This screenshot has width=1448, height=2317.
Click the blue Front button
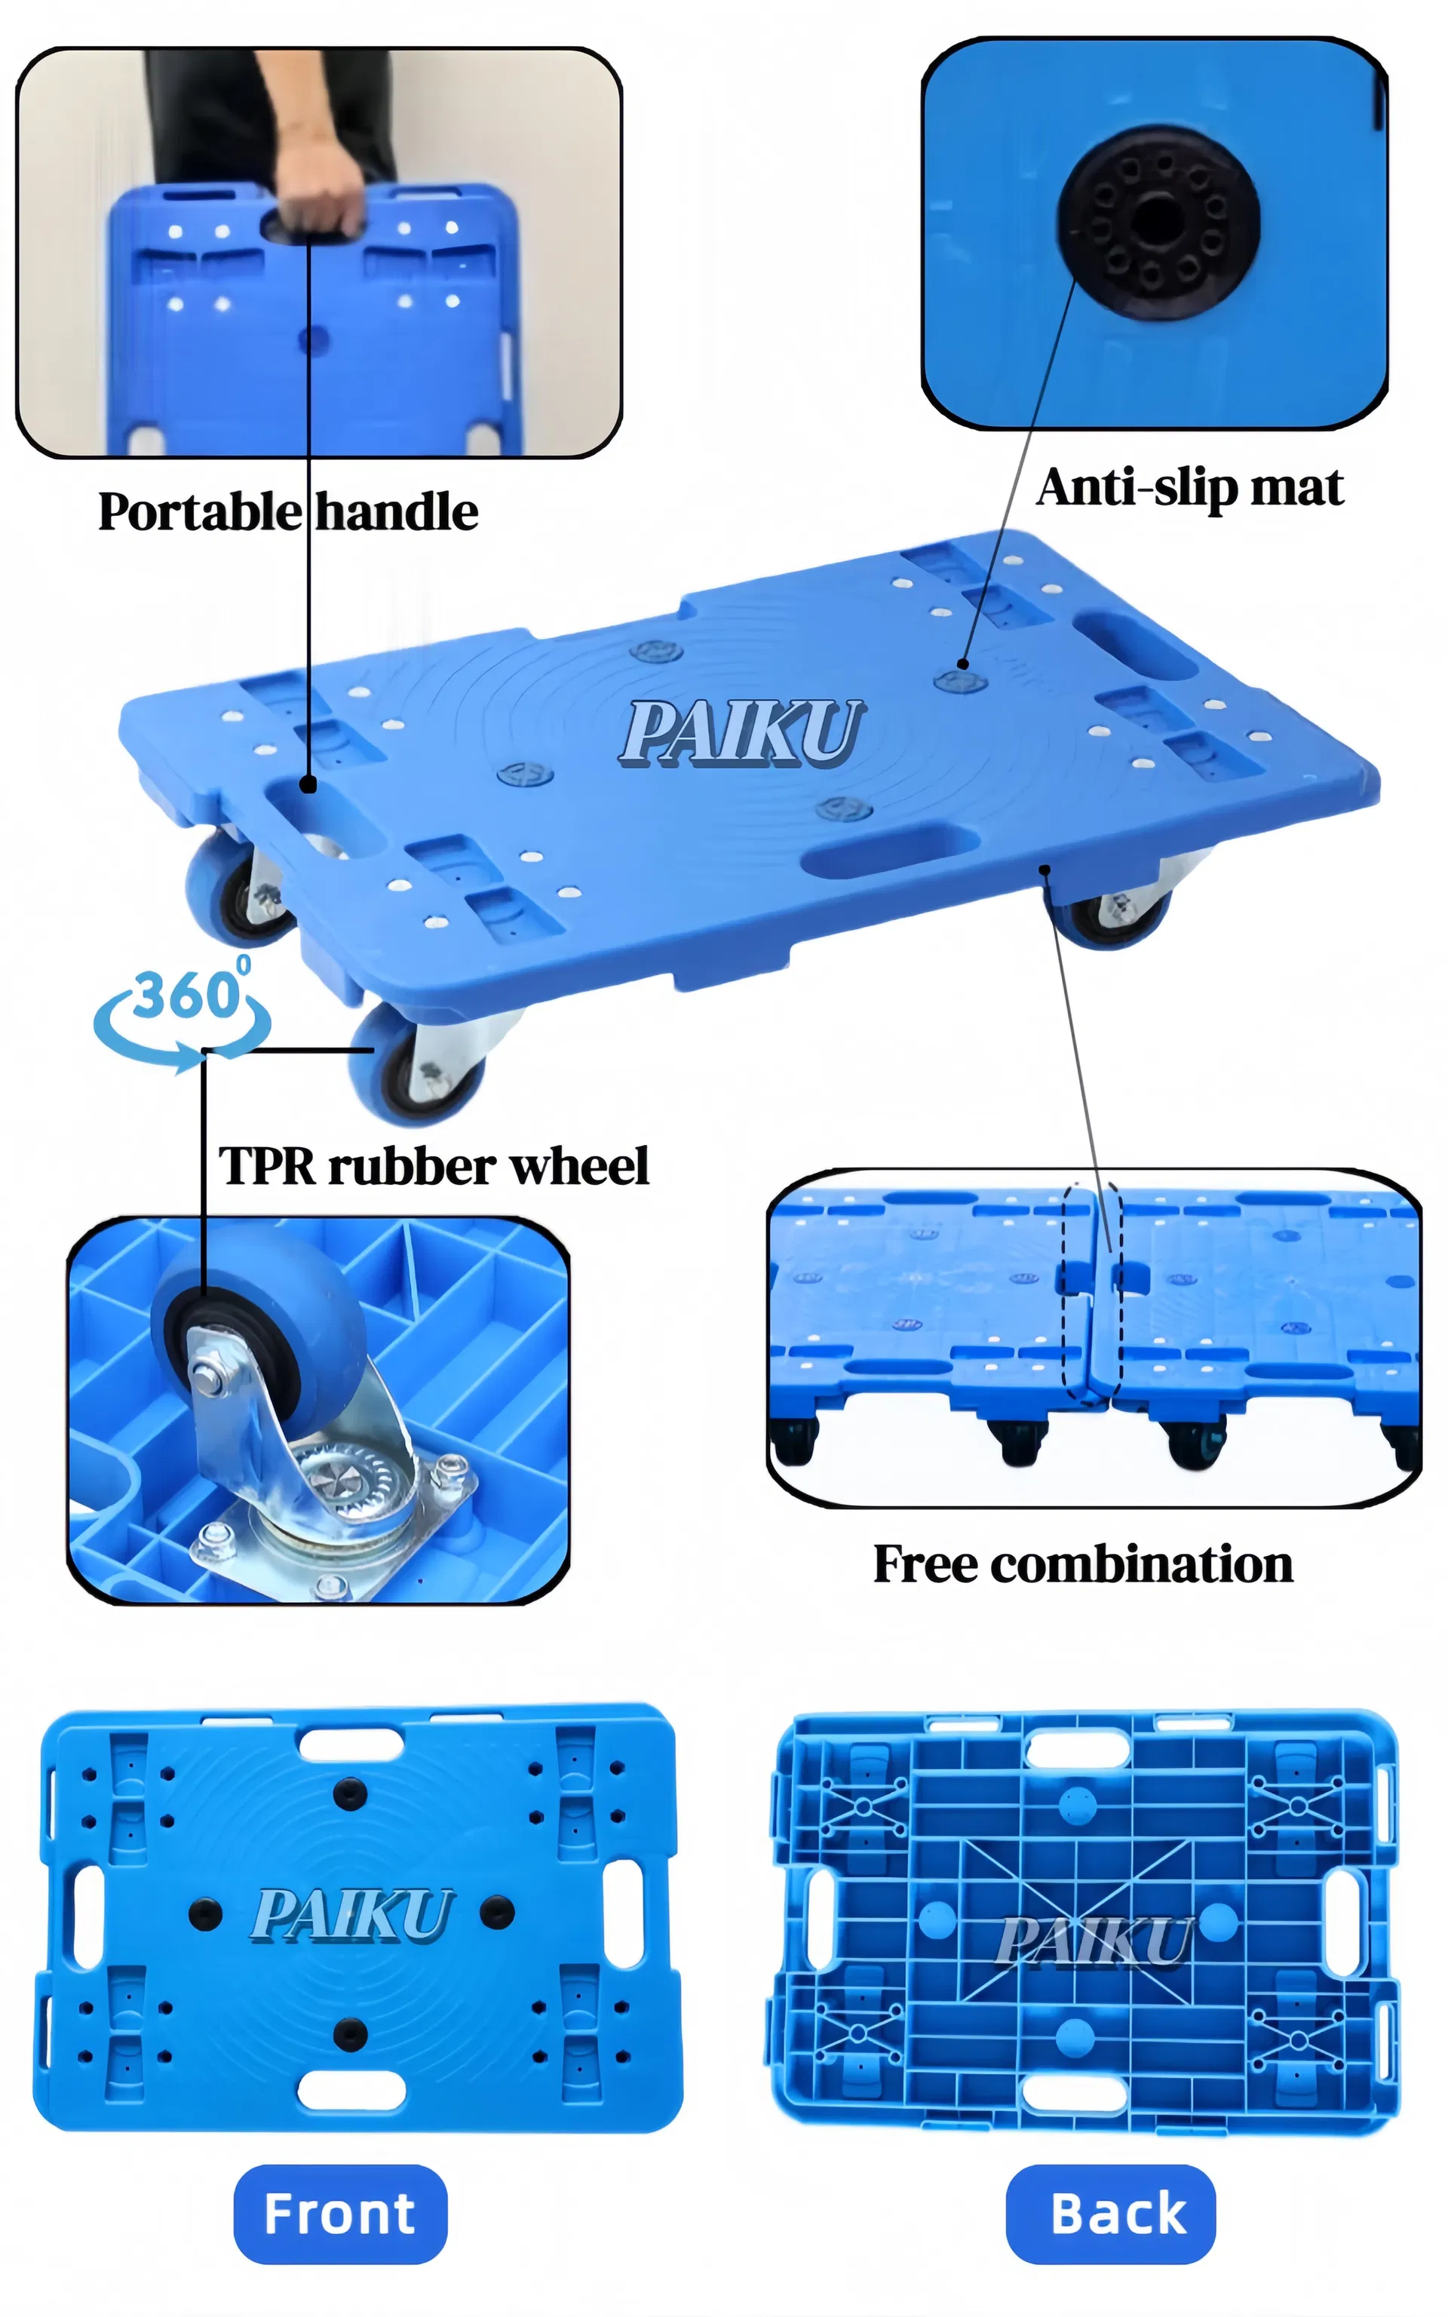point(340,2214)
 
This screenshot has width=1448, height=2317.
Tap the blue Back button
point(1111,2214)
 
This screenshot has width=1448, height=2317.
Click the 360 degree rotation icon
point(182,1015)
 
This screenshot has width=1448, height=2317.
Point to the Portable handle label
point(288,511)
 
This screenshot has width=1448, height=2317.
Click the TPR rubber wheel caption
point(434,1165)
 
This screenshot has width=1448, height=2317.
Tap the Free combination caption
point(1083,1564)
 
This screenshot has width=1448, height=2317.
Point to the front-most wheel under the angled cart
point(416,1063)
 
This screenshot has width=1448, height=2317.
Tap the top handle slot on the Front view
point(351,1745)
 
